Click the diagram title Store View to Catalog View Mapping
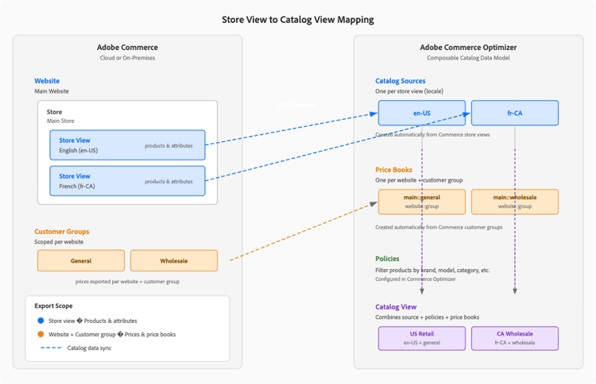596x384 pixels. click(297, 19)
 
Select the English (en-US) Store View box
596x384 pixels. click(127, 145)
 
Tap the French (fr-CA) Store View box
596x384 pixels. click(127, 181)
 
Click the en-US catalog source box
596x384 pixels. click(421, 113)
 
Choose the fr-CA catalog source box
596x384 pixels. click(514, 113)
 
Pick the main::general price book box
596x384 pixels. click(421, 202)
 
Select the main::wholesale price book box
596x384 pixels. click(514, 202)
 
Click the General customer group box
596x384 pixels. click(81, 260)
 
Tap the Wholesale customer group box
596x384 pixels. click(173, 260)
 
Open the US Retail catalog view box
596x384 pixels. click(421, 338)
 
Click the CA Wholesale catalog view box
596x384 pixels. click(514, 338)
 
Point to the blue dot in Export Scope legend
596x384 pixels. click(40, 321)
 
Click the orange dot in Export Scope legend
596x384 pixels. click(40, 335)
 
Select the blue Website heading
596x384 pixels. click(47, 81)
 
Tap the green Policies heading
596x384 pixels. click(387, 259)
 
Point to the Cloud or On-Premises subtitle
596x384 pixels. click(127, 58)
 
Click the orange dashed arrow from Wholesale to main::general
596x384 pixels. click(302, 232)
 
